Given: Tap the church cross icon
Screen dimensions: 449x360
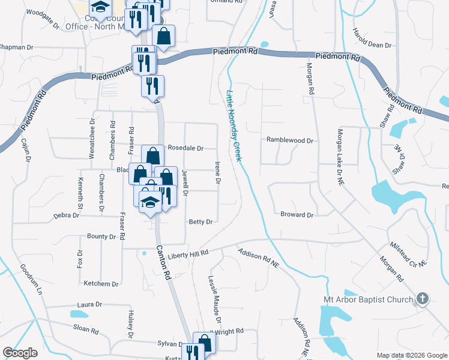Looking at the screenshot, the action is coord(423,298).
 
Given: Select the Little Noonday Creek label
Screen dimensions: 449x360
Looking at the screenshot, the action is coord(234,126).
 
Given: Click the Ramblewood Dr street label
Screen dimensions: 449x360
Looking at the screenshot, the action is coord(291,140).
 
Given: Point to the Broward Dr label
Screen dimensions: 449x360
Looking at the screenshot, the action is coord(297,214).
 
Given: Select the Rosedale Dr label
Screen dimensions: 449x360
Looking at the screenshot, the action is coord(185,148).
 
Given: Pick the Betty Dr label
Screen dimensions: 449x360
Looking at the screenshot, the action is coord(201,222).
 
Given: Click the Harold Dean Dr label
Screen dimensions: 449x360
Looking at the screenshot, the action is coord(372,38).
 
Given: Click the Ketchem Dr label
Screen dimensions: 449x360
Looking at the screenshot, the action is coord(101,283).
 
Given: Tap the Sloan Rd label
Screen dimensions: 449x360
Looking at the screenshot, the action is coord(86,328).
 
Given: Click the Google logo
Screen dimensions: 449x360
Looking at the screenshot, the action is coord(20,353).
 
